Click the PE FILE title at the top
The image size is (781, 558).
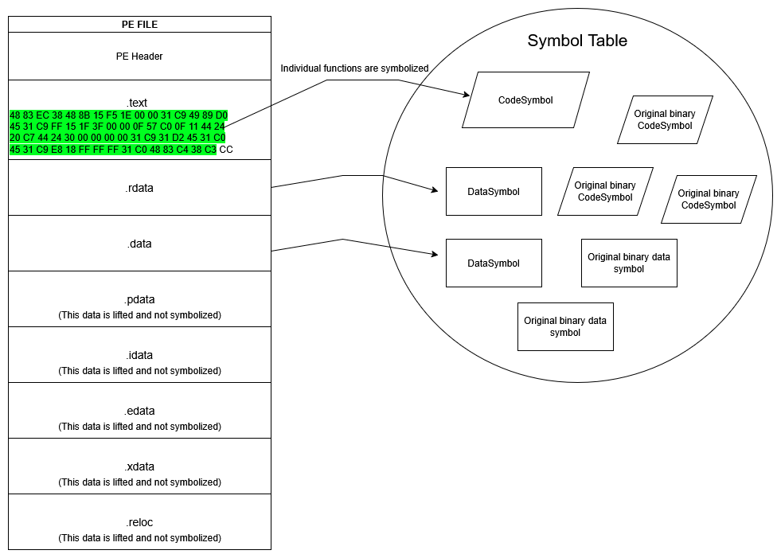(139, 24)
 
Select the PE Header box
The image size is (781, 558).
(139, 57)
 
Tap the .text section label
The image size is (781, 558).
(138, 103)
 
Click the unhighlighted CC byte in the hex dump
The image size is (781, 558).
(226, 150)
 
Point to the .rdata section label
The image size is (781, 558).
(139, 188)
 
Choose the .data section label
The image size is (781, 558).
(139, 244)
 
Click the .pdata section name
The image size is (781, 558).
(139, 300)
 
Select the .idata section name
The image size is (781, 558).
(139, 356)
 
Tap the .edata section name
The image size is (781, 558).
(139, 412)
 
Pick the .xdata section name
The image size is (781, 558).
(139, 467)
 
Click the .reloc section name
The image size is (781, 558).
(139, 523)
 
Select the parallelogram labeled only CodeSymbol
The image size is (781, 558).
(525, 100)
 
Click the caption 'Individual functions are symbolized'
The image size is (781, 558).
(354, 68)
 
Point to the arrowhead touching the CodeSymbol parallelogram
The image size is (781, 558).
(467, 95)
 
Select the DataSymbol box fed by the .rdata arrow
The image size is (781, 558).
(494, 192)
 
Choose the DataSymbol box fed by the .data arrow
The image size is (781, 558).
(494, 263)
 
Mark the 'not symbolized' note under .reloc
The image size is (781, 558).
(139, 538)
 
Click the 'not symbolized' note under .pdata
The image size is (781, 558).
(139, 315)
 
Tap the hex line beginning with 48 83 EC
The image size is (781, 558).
(118, 115)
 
